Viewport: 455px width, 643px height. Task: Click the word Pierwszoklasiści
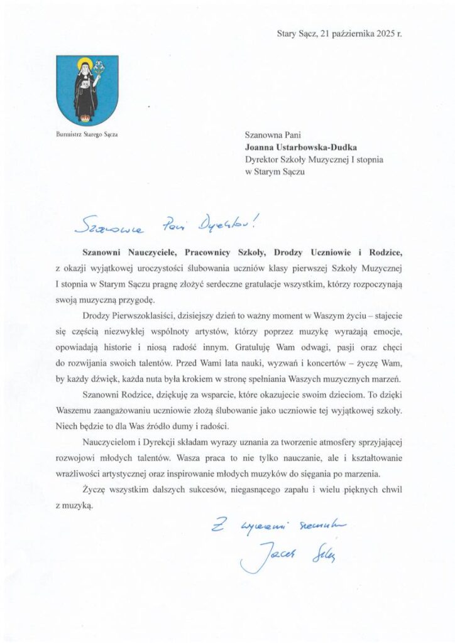click(139, 312)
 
